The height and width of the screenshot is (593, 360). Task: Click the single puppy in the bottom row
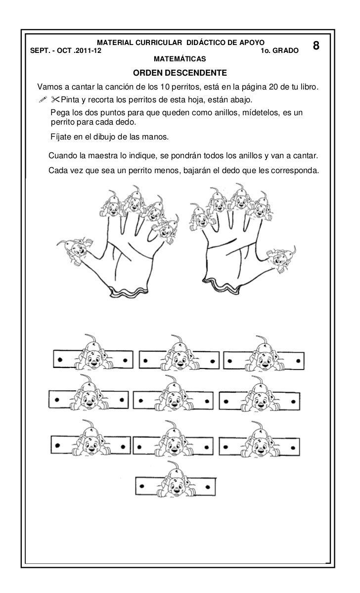click(176, 480)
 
